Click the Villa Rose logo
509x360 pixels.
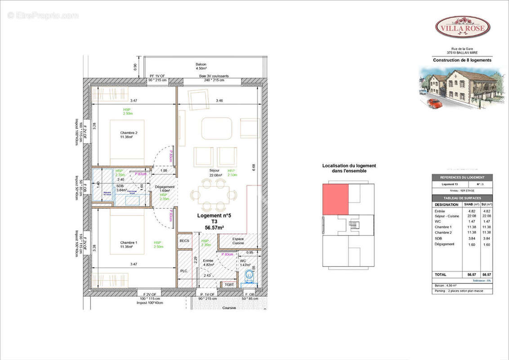click(462, 27)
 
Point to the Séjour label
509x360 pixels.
click(214, 171)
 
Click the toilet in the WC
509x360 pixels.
click(247, 279)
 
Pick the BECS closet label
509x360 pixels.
click(184, 242)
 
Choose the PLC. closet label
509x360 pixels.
click(184, 271)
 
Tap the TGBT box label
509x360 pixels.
click(229, 284)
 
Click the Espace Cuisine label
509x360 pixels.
click(238, 241)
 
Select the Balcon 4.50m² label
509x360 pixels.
click(201, 66)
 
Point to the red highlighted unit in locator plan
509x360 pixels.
click(335, 199)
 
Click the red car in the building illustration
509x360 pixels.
click(434, 103)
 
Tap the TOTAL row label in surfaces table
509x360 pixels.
click(441, 274)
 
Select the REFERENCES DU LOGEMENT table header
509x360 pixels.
click(462, 177)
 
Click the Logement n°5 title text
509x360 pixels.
click(214, 215)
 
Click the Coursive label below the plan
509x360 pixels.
click(229, 308)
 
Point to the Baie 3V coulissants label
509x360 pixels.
click(214, 76)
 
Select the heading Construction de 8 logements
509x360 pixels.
click(462, 60)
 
